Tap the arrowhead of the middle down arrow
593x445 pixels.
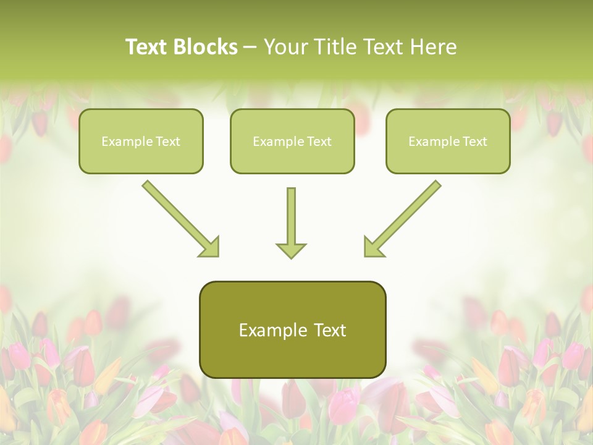[291, 250]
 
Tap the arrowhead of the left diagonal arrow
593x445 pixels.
[210, 247]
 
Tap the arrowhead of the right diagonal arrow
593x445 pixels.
[373, 247]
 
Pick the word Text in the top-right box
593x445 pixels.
[475, 142]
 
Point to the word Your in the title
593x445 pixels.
[281, 47]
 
